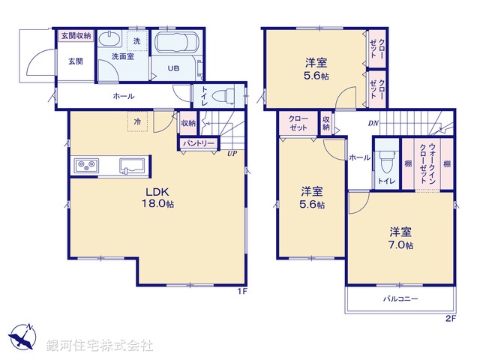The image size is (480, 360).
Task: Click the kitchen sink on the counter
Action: pyautogui.click(x=133, y=166)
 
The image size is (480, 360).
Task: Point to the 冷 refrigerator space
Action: pyautogui.click(x=137, y=121)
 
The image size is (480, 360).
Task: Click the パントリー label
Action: pyautogui.click(x=197, y=143)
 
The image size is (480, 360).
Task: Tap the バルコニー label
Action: pyautogui.click(x=401, y=299)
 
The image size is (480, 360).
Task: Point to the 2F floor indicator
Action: pyautogui.click(x=451, y=318)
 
